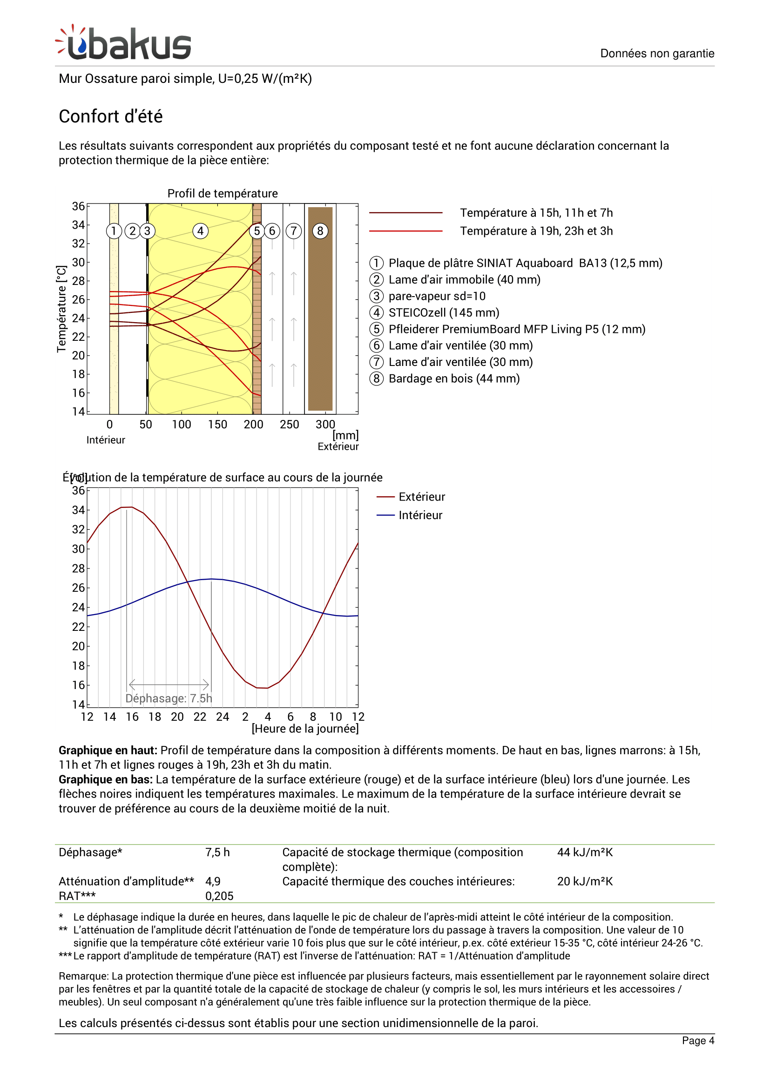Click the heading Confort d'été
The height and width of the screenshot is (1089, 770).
click(x=110, y=116)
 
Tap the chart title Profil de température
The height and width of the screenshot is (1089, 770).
click(x=223, y=194)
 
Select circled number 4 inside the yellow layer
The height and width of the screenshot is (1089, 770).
click(x=201, y=231)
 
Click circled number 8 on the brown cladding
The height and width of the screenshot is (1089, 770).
click(x=320, y=231)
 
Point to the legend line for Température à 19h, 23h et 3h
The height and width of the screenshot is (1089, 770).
click(x=405, y=231)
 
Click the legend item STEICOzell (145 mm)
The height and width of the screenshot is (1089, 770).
click(x=443, y=312)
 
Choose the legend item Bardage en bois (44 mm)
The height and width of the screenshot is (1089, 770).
click(x=454, y=379)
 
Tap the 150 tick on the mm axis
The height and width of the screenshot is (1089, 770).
click(x=217, y=425)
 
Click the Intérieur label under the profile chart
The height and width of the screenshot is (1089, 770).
click(x=106, y=440)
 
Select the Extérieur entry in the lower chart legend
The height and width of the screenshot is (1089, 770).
click(x=421, y=497)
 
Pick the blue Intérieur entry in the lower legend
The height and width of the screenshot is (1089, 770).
click(x=420, y=515)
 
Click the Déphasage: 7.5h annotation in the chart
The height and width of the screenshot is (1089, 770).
click(x=169, y=698)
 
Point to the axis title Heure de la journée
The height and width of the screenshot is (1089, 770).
click(x=305, y=729)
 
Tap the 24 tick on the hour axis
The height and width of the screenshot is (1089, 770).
click(x=223, y=717)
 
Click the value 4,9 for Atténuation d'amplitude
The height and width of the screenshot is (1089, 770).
click(x=213, y=881)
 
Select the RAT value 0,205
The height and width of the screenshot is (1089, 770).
click(x=219, y=896)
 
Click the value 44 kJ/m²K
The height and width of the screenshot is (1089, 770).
click(x=585, y=852)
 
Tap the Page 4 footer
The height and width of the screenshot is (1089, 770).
click(x=697, y=1041)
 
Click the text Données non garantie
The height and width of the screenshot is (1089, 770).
click(x=657, y=53)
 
